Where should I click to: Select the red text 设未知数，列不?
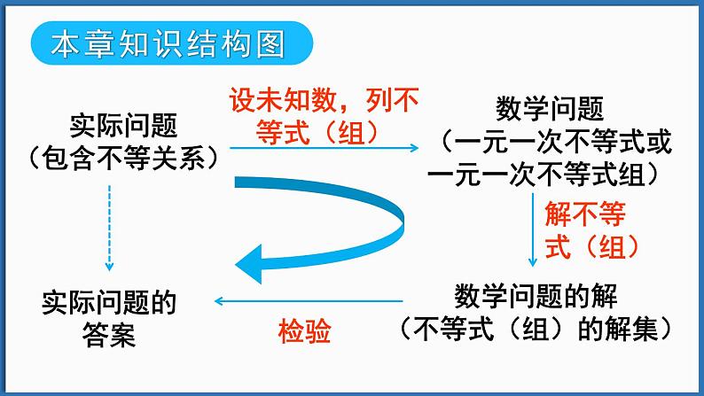325,101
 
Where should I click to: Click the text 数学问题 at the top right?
550,111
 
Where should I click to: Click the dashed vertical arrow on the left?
109,227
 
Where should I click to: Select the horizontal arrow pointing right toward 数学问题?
325,148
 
